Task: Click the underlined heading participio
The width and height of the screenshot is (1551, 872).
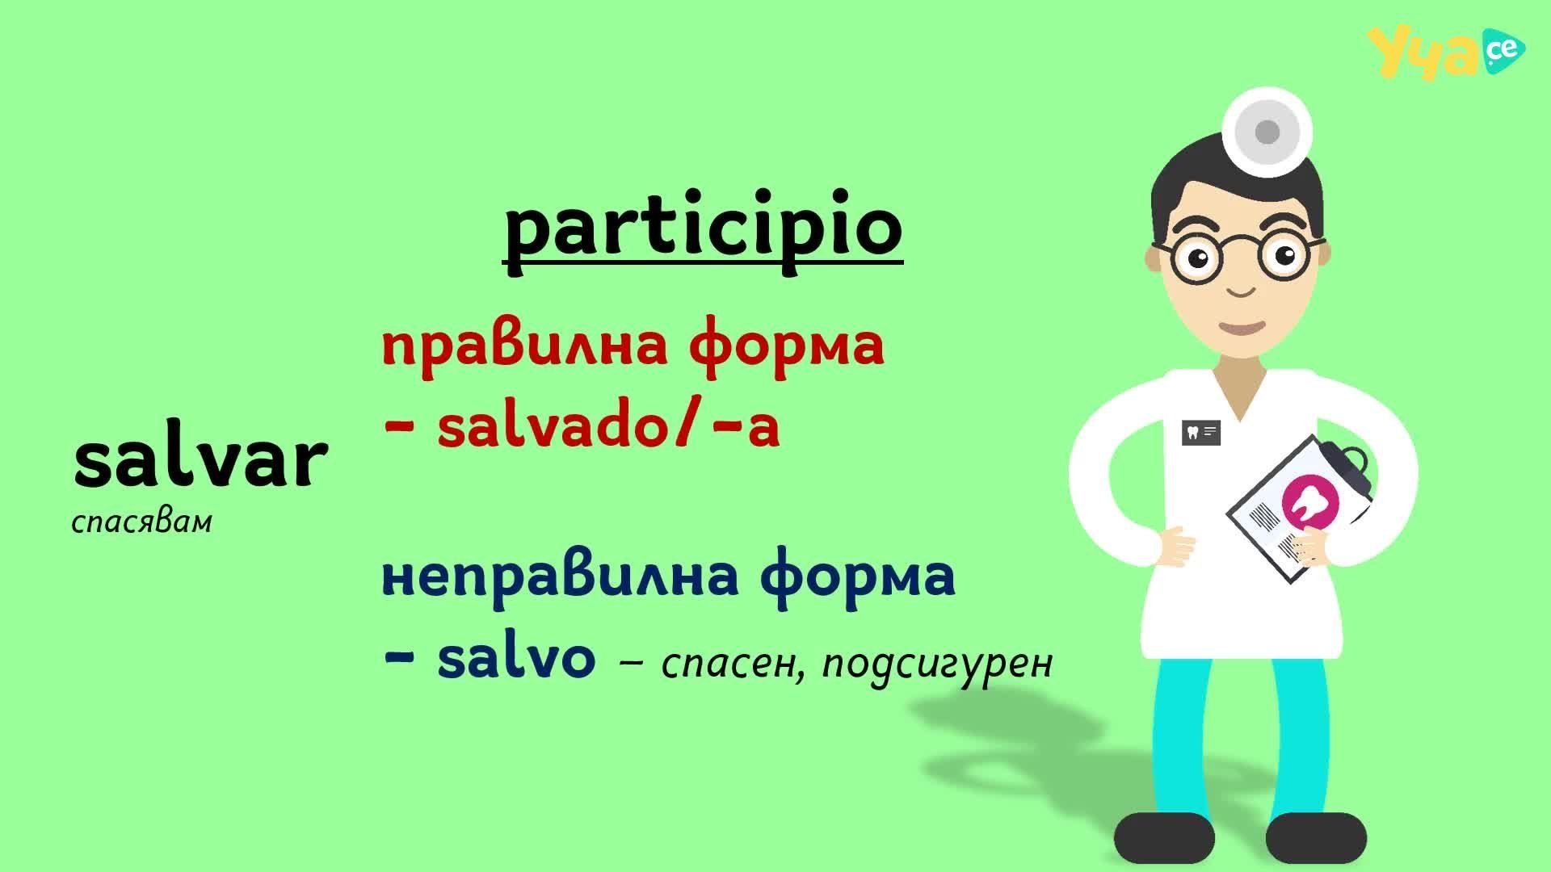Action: [703, 230]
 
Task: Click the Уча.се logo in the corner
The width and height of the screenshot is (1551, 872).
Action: [1446, 53]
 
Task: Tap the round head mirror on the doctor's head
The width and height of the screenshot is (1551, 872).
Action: [1266, 132]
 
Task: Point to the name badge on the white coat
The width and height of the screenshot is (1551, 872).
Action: [1200, 433]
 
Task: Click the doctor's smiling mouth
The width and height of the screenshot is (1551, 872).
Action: [1242, 328]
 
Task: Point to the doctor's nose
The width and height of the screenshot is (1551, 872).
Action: [1237, 289]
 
